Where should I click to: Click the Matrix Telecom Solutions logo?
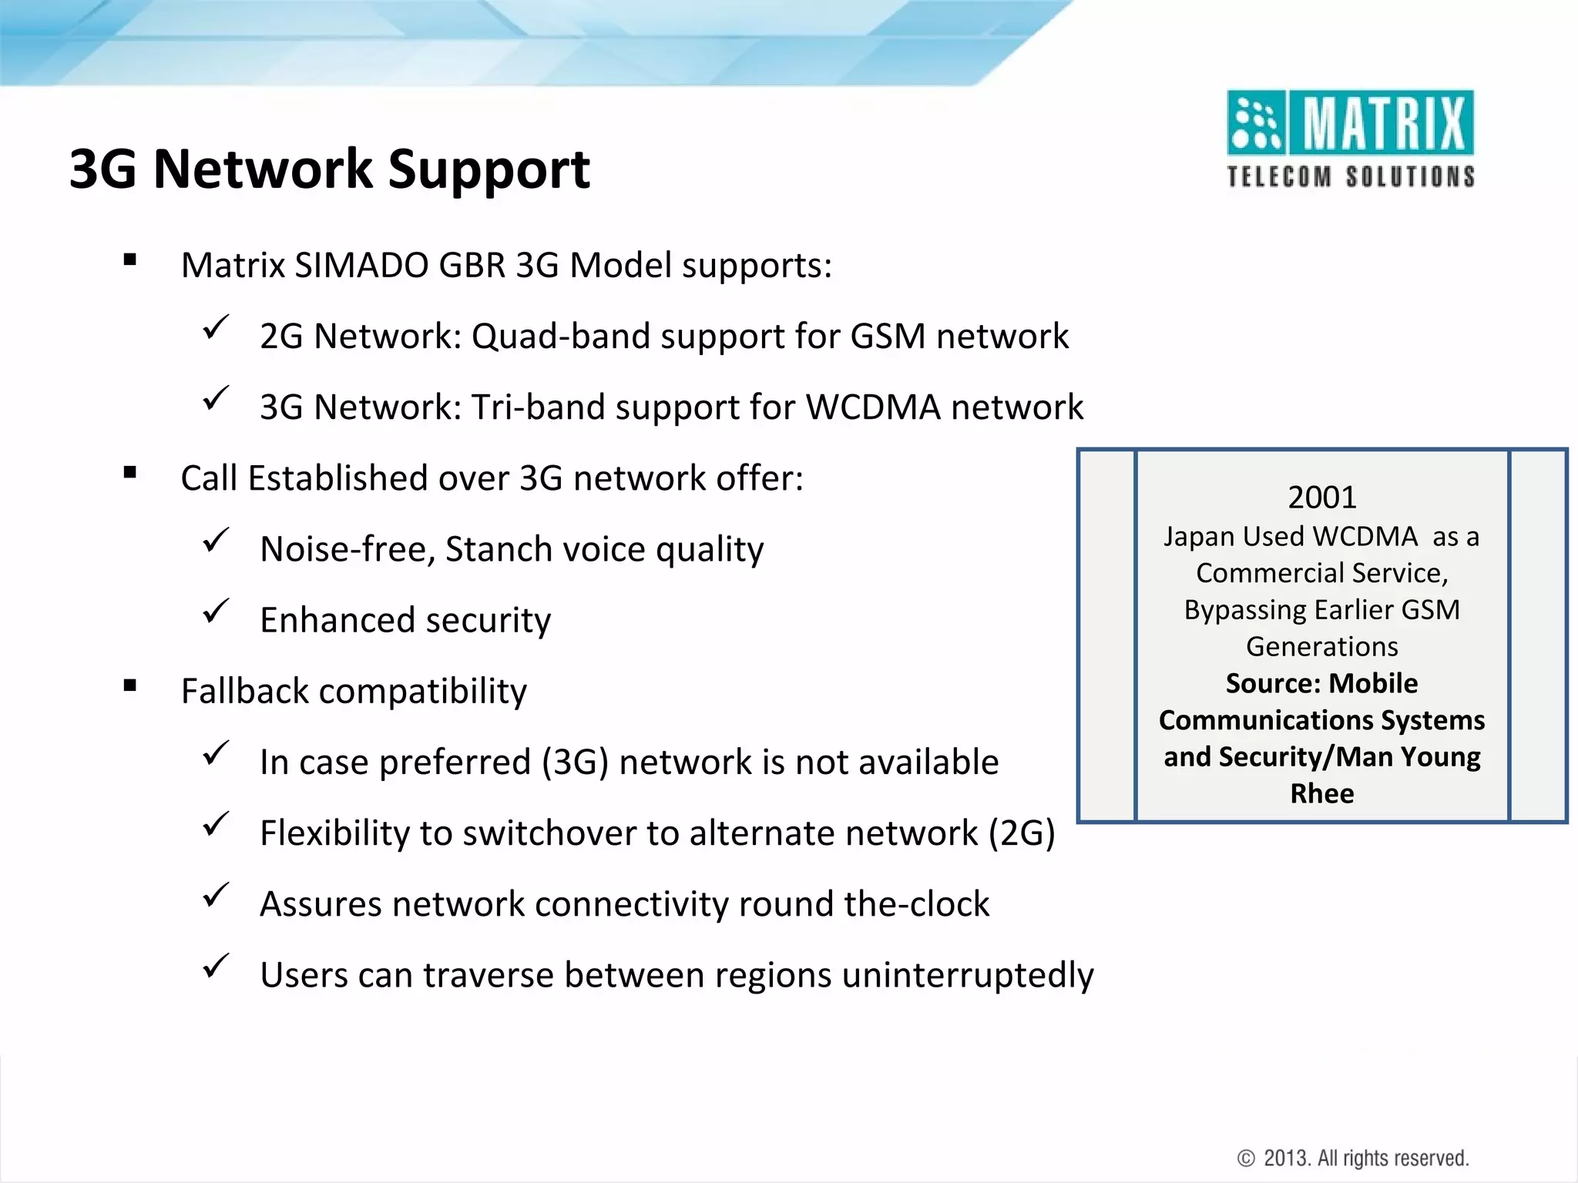pos(1350,139)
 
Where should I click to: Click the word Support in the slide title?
pos(489,169)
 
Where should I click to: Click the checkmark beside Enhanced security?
pos(215,612)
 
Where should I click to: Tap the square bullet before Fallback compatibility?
pos(129,685)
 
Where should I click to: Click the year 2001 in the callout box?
pos(1321,498)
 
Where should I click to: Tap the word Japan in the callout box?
pos(1198,537)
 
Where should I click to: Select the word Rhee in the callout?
pos(1321,793)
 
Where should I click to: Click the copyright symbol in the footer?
pos(1245,1158)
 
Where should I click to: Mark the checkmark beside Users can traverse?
pos(215,967)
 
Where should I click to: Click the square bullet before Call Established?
pos(129,473)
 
